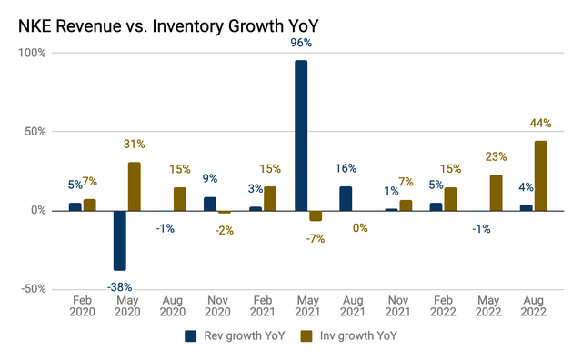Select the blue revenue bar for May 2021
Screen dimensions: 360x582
301,135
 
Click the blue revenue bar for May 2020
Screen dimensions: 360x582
119,240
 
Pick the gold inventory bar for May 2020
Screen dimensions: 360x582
134,186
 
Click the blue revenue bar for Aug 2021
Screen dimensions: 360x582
346,198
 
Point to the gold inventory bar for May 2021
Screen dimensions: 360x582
316,215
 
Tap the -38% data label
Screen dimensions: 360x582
117,287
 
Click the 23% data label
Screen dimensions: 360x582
496,156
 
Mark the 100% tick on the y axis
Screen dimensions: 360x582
33,53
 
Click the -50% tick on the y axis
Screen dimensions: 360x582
33,289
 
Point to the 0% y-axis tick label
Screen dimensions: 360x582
38,210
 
